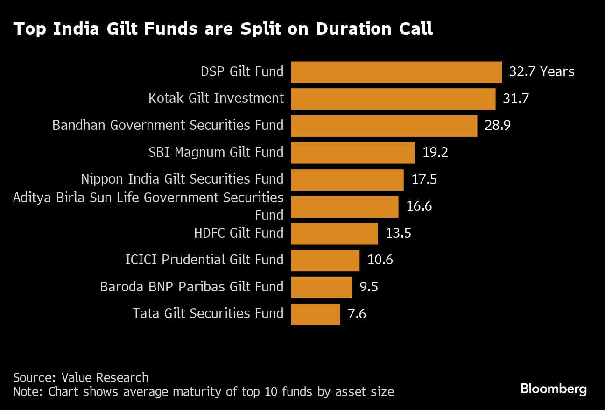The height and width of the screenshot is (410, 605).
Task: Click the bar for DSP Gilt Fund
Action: click(396, 72)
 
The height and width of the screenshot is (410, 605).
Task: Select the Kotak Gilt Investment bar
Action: click(393, 99)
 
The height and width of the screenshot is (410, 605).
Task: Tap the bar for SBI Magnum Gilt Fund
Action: click(352, 153)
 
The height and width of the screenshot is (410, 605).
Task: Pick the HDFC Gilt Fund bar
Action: click(334, 233)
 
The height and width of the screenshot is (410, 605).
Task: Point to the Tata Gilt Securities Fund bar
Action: click(316, 314)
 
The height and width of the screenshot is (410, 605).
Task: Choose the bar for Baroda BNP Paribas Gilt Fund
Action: click(321, 287)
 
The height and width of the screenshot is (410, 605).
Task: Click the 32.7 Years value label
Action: click(542, 72)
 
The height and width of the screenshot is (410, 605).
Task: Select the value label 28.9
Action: click(498, 126)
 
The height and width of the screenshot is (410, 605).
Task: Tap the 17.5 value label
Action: click(424, 179)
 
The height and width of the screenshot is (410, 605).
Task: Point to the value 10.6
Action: click(380, 260)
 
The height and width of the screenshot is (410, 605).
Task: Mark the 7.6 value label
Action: click(357, 314)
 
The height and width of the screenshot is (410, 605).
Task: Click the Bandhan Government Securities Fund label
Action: click(168, 126)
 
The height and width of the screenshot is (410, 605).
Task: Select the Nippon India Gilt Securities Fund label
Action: click(182, 179)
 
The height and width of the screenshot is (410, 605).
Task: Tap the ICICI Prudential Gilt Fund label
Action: click(204, 260)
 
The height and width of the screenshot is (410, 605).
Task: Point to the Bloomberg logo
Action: click(553, 389)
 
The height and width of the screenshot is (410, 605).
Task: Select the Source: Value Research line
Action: click(81, 377)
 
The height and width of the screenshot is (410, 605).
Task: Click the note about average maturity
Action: click(204, 391)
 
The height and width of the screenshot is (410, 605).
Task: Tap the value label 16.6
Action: click(419, 206)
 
